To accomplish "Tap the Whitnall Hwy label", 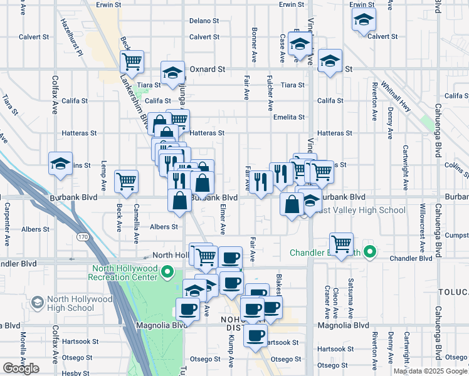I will click(x=397, y=98).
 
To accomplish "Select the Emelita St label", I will click(x=288, y=117).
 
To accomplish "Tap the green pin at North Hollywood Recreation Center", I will click(x=167, y=272).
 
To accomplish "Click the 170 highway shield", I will click(x=83, y=238).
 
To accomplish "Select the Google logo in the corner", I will click(x=21, y=368).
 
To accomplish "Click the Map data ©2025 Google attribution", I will click(x=430, y=371).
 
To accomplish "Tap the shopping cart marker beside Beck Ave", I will click(x=126, y=181).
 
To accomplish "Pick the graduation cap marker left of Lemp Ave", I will click(x=60, y=164).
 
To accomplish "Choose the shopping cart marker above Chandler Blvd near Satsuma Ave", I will click(x=341, y=244).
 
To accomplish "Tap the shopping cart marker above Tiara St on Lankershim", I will click(x=132, y=61).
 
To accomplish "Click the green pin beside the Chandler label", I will click(x=371, y=253).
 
